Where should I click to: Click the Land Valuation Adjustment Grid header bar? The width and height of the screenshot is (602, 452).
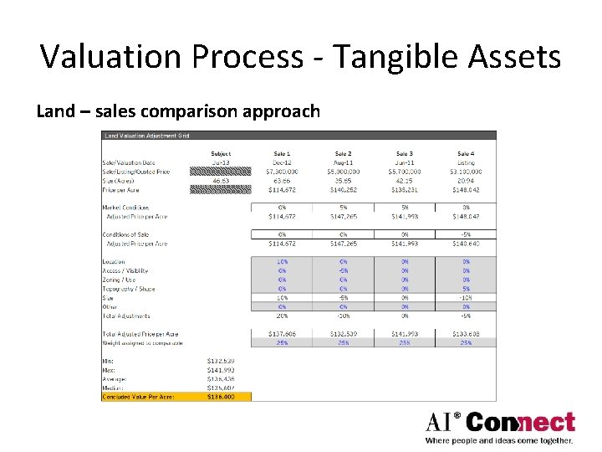coord(298,136)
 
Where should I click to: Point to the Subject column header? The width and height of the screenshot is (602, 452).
coord(221,154)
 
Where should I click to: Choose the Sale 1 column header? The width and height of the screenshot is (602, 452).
coord(282,154)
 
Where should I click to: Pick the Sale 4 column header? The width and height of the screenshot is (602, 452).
coord(466,154)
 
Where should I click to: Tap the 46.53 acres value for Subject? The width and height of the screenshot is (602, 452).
coord(221,181)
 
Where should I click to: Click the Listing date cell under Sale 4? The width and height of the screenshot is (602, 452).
coord(465,163)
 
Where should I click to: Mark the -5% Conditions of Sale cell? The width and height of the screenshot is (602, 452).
coord(465,234)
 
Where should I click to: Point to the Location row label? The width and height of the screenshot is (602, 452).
coord(114,262)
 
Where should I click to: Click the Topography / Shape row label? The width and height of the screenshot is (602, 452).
coord(129,289)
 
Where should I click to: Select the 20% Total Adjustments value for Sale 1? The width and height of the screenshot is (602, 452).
coord(282,316)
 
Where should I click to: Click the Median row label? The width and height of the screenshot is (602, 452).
coord(114,388)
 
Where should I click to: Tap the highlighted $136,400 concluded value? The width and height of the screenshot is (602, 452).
coord(221,397)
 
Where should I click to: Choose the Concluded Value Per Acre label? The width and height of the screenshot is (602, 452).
coord(138,397)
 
